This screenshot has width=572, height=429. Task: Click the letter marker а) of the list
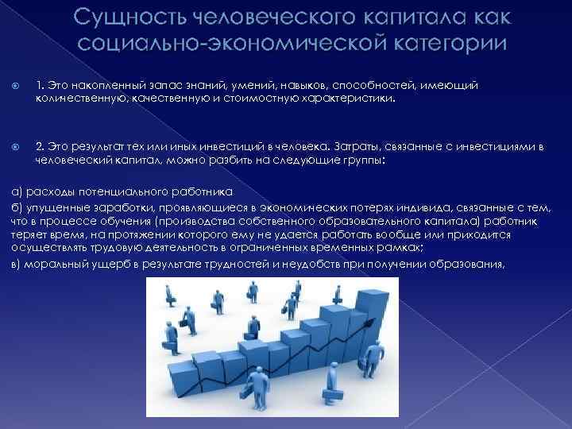[x=16, y=191]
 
